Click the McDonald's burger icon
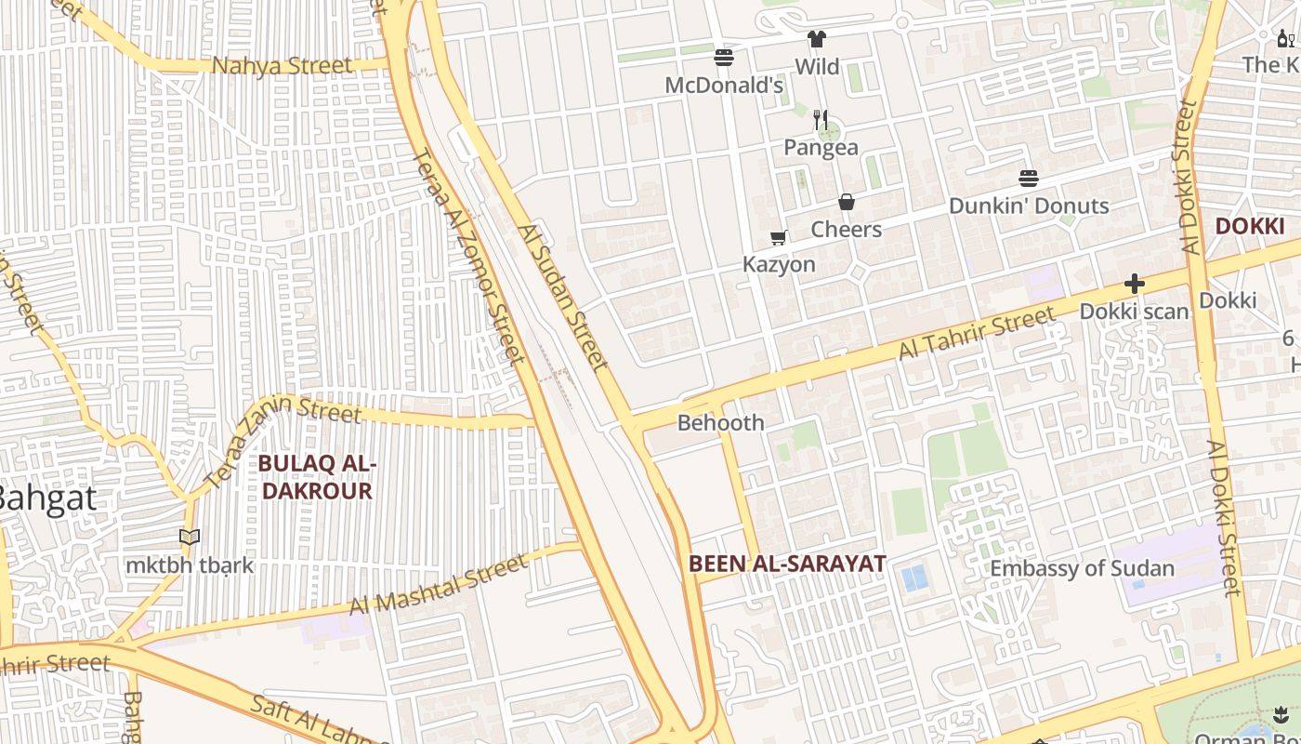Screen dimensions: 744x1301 724,58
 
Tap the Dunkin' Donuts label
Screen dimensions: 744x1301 1029,206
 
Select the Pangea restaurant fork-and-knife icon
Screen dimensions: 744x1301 821,119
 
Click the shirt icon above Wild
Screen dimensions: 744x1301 817,39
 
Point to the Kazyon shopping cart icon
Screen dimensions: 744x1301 779,238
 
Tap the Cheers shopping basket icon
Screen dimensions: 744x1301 847,202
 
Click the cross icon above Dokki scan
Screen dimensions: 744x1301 1134,284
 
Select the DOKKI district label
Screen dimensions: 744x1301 1249,226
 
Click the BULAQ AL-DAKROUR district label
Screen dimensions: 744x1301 317,476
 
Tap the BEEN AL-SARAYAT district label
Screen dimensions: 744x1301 787,563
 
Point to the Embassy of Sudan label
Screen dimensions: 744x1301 1082,568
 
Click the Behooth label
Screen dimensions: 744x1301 720,422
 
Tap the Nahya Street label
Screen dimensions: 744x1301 283,66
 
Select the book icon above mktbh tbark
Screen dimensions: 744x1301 190,538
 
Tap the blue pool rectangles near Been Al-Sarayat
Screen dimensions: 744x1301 914,578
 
